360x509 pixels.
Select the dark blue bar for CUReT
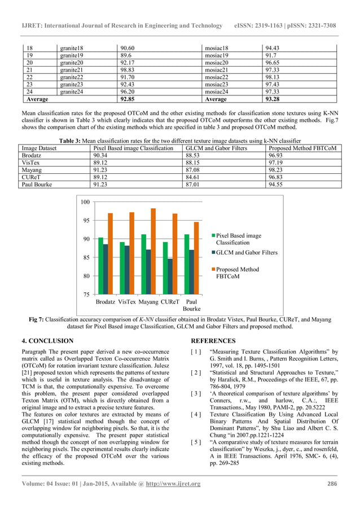coord(170,277)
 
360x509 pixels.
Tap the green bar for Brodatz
coord(100,266)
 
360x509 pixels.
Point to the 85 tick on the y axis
coord(86,258)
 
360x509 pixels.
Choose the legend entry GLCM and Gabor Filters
coord(247,253)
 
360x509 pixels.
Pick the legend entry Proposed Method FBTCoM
coord(237,273)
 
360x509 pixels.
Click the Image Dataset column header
coord(39,148)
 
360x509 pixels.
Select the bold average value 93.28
coord(274,99)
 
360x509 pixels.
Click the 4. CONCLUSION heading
coord(47,341)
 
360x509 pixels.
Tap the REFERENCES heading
coord(213,341)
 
